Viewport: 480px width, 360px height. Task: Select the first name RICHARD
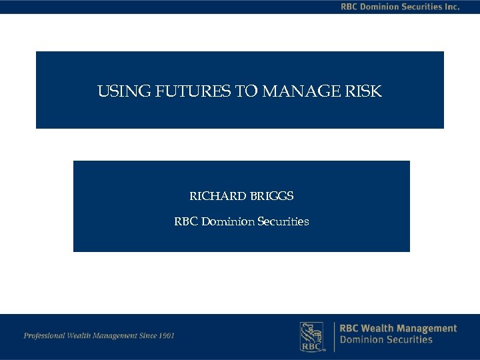[217, 197]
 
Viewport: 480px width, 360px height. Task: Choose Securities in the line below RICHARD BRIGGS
[283, 221]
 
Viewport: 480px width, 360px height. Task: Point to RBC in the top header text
[351, 7]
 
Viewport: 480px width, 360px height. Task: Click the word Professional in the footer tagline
[44, 335]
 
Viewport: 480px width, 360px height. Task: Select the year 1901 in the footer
[166, 335]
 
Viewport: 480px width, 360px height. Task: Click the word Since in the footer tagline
[146, 335]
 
